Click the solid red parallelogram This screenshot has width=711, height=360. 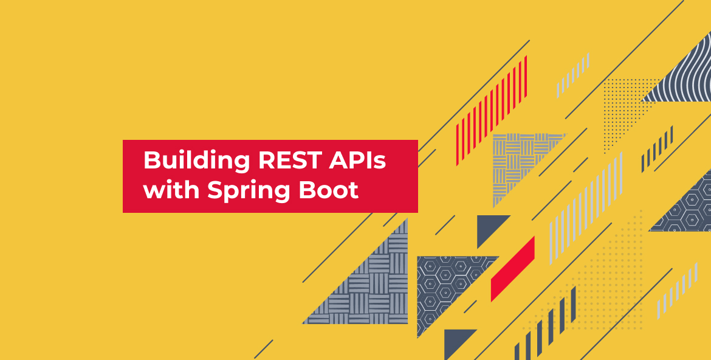[512, 269]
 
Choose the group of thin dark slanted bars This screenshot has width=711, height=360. [657, 149]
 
